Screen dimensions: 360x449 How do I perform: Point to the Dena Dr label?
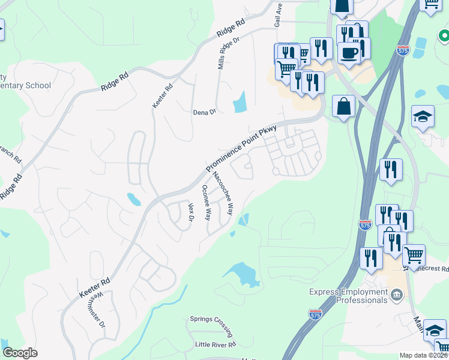pyautogui.click(x=204, y=112)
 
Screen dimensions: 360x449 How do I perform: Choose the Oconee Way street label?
pyautogui.click(x=206, y=203)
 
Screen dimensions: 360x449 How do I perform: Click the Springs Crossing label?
pyautogui.click(x=211, y=319)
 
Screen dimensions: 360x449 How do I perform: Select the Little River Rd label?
pyautogui.click(x=215, y=344)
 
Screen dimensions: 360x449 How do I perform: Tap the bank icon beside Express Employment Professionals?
pyautogui.click(x=397, y=295)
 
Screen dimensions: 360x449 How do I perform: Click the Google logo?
pyautogui.click(x=20, y=352)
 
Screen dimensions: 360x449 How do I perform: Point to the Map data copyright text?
pyautogui.click(x=424, y=355)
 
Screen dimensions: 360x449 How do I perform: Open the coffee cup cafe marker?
pyautogui.click(x=349, y=52)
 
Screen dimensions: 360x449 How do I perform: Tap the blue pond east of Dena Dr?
pyautogui.click(x=240, y=101)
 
